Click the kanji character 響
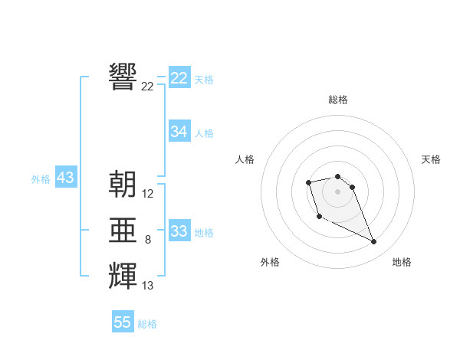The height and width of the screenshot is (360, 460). coord(123,77)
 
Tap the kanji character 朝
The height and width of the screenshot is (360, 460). coord(123,184)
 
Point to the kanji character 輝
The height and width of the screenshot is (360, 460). coord(123,276)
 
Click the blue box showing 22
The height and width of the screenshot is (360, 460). coord(179,78)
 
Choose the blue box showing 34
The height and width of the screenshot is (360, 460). coord(179,132)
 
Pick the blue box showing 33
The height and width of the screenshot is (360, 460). coord(179,231)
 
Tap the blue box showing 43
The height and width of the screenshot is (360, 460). coord(65,178)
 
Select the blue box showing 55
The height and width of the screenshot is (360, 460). coord(123,322)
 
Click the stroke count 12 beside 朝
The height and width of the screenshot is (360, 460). coord(148,194)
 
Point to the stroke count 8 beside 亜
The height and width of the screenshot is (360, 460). coord(148,240)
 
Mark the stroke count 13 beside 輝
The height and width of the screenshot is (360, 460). coord(148,286)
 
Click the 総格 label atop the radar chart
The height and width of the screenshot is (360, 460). coord(338,100)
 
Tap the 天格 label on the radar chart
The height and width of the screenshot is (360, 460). coord(432,159)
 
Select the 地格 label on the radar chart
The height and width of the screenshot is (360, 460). coord(402,262)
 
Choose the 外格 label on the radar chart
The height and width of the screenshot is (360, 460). coord(270,262)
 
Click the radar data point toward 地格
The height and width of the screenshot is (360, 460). coord(374,242)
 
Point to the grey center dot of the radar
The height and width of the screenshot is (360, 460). coord(338,191)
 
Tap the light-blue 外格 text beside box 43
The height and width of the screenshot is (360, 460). coord(41,179)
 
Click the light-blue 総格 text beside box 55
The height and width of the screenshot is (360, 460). coord(147,324)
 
